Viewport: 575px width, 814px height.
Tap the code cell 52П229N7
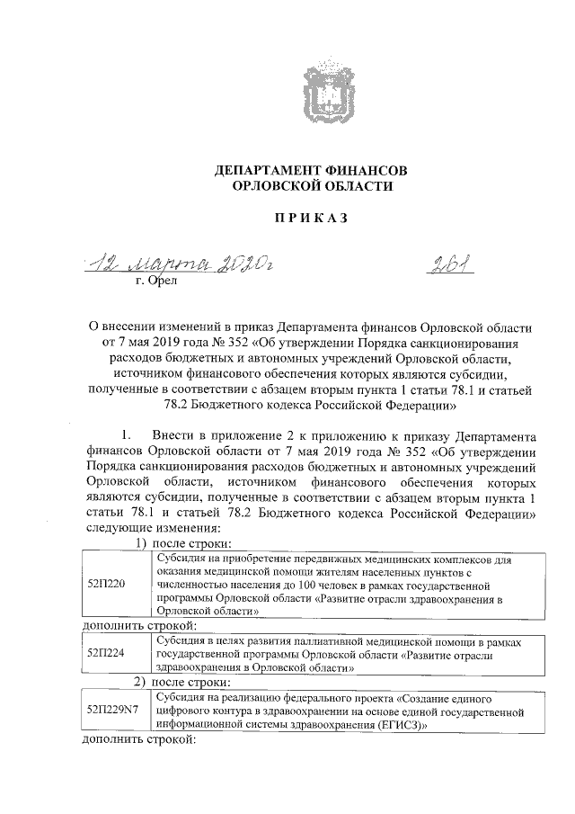point(113,710)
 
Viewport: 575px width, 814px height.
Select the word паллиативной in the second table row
point(323,640)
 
